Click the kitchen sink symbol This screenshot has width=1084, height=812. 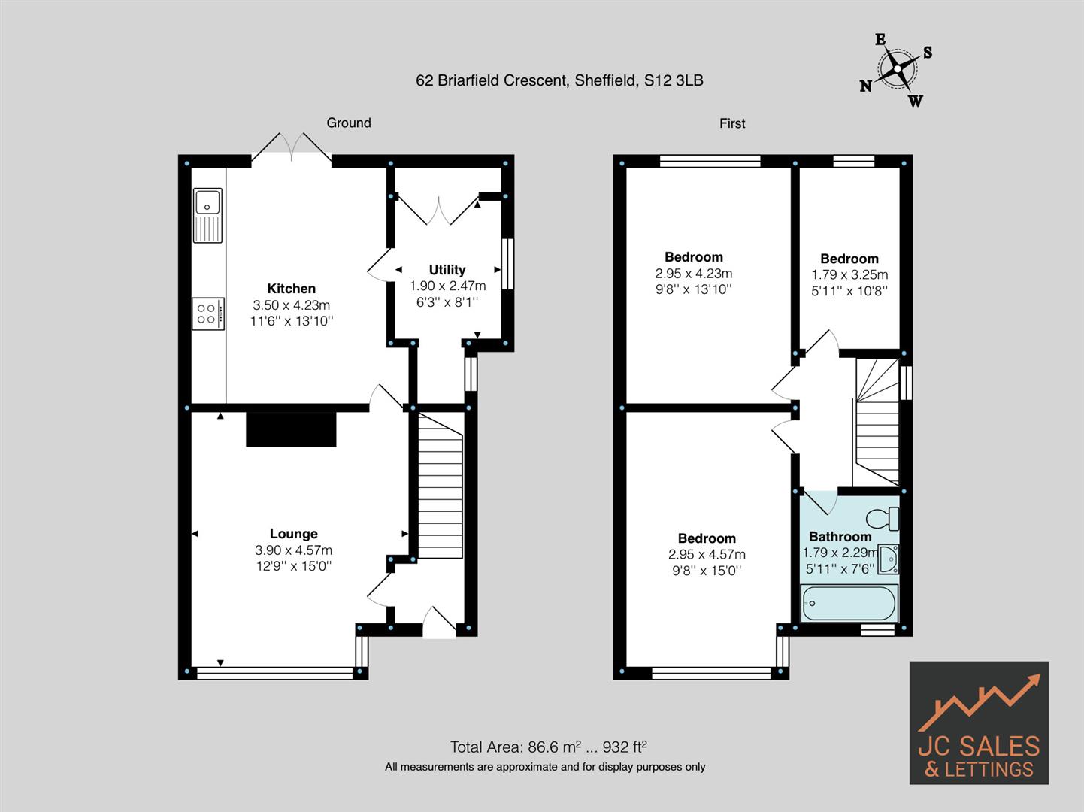[207, 215]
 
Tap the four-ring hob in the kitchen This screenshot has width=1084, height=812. [207, 314]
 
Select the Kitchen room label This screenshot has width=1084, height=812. [291, 289]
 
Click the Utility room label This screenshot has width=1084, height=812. [447, 270]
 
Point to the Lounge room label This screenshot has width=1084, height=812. [293, 534]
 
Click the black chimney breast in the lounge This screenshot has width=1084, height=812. [290, 429]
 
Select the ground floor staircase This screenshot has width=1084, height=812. [440, 486]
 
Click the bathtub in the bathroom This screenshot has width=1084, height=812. [849, 603]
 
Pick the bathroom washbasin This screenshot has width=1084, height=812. [888, 559]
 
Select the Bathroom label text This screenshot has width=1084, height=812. [840, 537]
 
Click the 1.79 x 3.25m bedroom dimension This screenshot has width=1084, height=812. [849, 275]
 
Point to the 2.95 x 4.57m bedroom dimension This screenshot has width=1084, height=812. [707, 555]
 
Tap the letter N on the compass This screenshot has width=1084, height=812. [866, 86]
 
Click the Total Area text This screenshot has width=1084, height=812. [548, 747]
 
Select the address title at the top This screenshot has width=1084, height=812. [559, 80]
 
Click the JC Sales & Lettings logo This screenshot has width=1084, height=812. [979, 723]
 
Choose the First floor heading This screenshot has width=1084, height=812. [732, 123]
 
